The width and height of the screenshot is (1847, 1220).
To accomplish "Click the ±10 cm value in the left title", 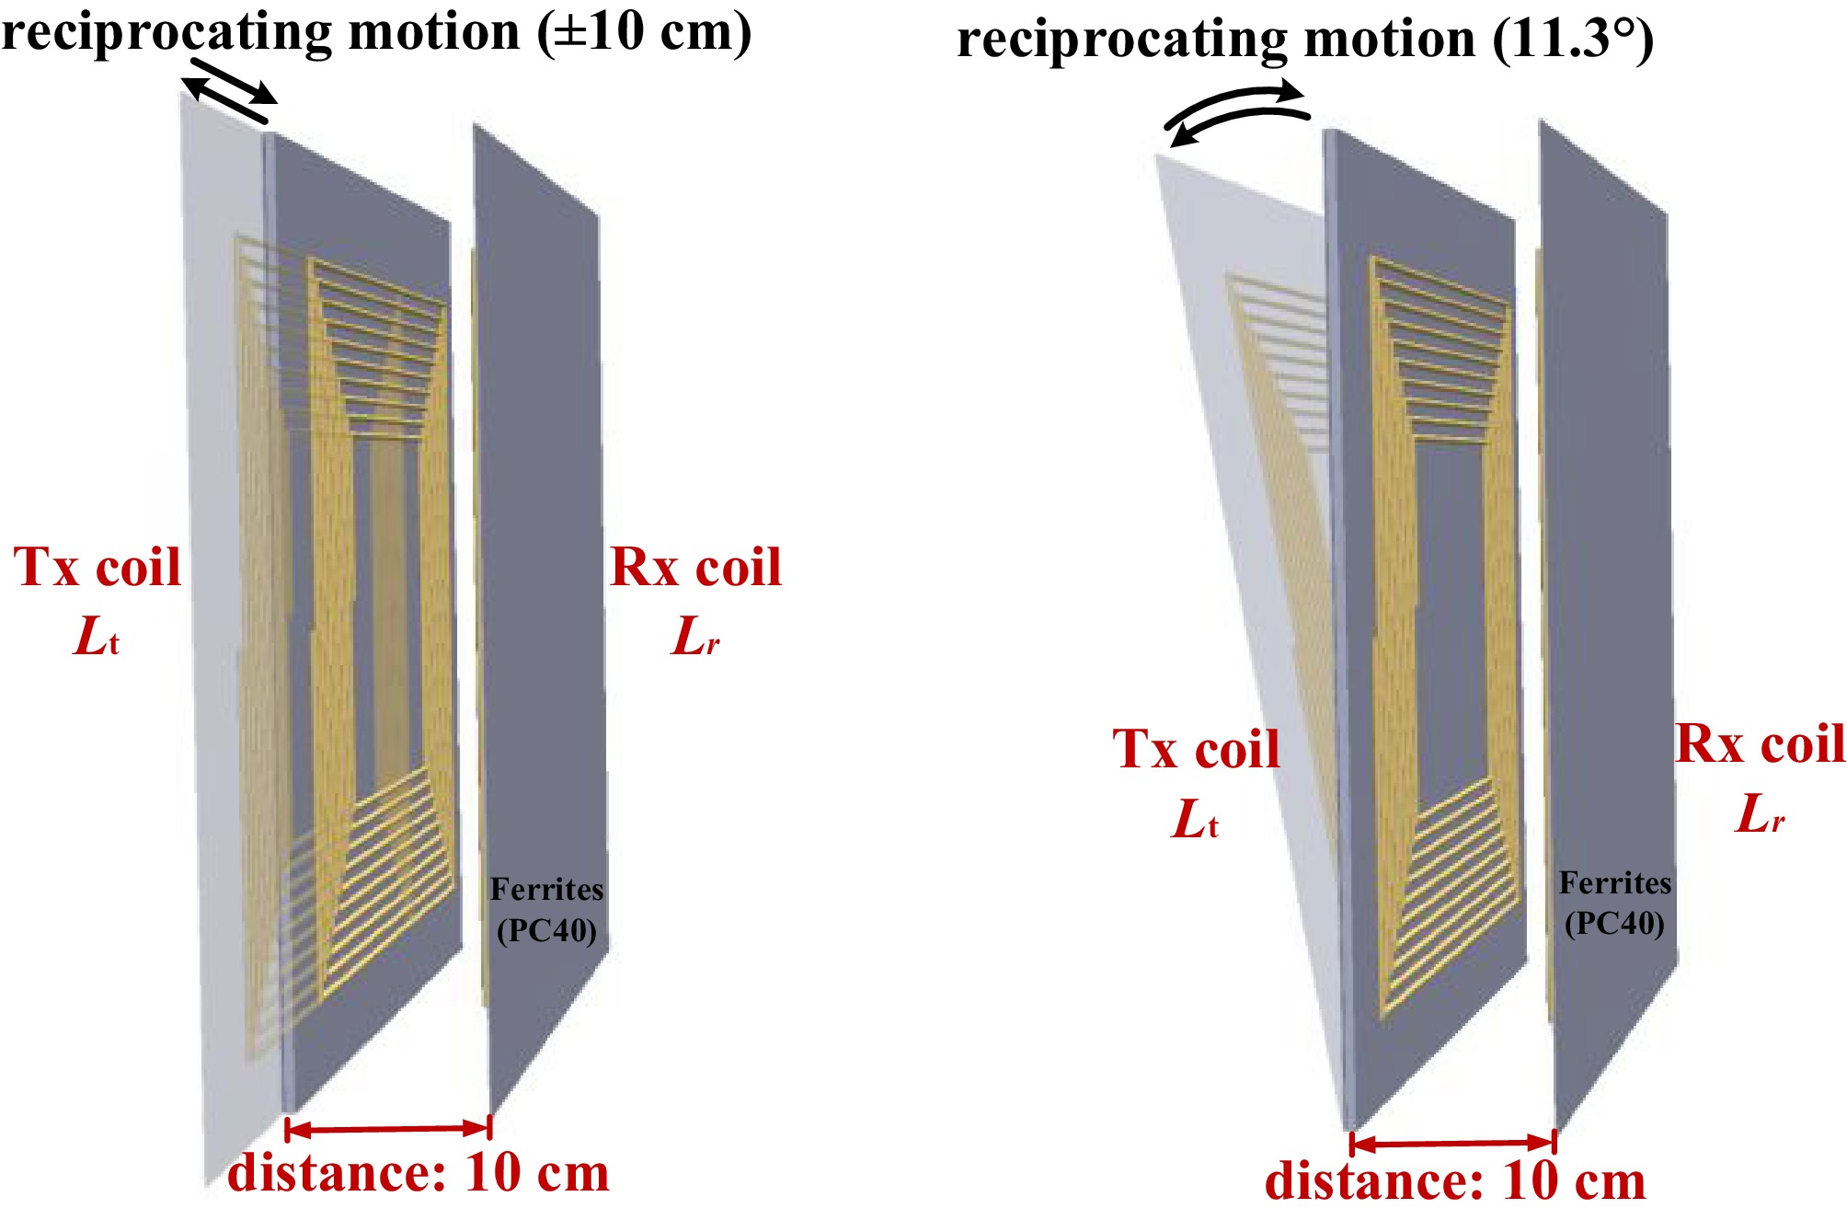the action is point(643,31).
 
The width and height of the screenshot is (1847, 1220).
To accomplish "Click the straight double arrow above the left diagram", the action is point(229,91).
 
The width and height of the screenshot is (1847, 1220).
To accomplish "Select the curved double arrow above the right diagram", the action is point(1237,112).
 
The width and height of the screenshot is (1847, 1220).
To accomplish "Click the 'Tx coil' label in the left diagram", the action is point(97,567).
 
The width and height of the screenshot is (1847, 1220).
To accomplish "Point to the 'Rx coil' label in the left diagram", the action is point(695,567).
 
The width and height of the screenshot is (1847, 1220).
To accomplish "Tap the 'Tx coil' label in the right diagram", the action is point(1196,749).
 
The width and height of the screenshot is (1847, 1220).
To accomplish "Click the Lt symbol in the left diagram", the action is point(96,636).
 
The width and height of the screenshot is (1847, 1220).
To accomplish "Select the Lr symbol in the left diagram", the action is point(695,636).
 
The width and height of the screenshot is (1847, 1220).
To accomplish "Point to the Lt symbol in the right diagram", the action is point(1195,818).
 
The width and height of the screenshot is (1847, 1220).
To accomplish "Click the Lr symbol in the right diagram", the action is point(1760,813).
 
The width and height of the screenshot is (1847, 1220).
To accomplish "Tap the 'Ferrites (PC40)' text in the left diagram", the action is point(547,910).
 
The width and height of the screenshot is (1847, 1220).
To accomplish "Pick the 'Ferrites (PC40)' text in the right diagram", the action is point(1615,903).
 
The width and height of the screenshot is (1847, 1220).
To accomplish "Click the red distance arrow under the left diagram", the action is point(388,1128).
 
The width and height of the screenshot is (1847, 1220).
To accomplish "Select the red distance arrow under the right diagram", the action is point(1453,1143).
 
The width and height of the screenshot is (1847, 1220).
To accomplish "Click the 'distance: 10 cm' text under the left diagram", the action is point(419,1172).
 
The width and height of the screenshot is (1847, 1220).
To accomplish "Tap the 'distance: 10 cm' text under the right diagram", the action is point(1455,1180).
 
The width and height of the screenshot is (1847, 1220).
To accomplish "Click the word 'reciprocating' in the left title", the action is point(169,33).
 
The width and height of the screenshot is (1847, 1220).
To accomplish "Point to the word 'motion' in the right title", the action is point(1390,40).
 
